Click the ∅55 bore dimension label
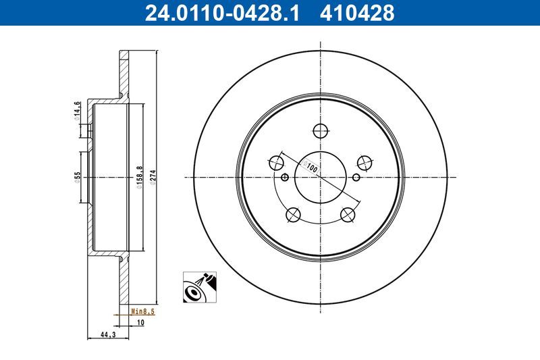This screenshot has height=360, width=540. tap(78, 178)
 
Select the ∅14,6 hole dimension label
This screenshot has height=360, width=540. tap(78, 109)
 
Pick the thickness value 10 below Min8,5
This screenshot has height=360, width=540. tap(140, 323)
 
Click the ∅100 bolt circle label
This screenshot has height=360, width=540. tap(310, 165)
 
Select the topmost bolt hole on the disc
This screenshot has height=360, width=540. tap(321, 130)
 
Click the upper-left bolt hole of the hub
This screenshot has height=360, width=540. tap(276, 162)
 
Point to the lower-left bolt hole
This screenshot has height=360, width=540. tap(293, 215)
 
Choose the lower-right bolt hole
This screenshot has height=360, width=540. tap(348, 215)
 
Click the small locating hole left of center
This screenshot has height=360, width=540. tap(284, 178)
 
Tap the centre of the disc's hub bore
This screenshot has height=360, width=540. tap(321, 178)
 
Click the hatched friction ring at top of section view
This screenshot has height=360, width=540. tap(123, 74)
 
